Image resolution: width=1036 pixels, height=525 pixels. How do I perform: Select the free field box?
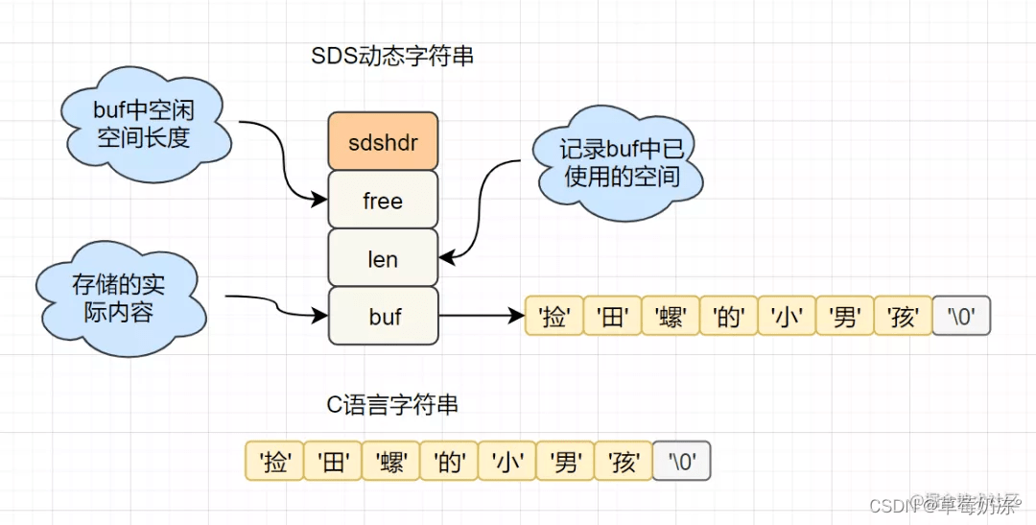pos(383,201)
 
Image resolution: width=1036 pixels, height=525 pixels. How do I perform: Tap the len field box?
pos(383,258)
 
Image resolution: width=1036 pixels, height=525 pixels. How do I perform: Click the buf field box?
pos(383,316)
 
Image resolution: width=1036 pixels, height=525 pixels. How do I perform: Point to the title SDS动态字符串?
pos(392,57)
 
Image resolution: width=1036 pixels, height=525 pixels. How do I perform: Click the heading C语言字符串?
pos(392,405)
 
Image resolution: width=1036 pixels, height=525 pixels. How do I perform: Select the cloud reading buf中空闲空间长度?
pos(144,125)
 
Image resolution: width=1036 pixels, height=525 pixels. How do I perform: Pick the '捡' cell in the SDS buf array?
pos(554,316)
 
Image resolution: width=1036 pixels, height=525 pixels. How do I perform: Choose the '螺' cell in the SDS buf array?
pos(671,316)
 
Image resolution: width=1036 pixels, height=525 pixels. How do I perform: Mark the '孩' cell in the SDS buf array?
pos(903,316)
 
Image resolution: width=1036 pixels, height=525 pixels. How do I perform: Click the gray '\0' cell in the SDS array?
pos(960,316)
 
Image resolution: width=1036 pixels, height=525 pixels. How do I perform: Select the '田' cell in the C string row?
pos(333,462)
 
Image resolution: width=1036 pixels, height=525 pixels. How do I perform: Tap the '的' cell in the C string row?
pos(449,462)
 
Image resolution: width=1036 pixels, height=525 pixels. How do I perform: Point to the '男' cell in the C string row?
pos(565,462)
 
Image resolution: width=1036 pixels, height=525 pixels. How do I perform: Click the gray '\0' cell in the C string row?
pos(681,462)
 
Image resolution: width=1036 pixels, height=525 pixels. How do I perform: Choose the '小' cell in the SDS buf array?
pos(787,316)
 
